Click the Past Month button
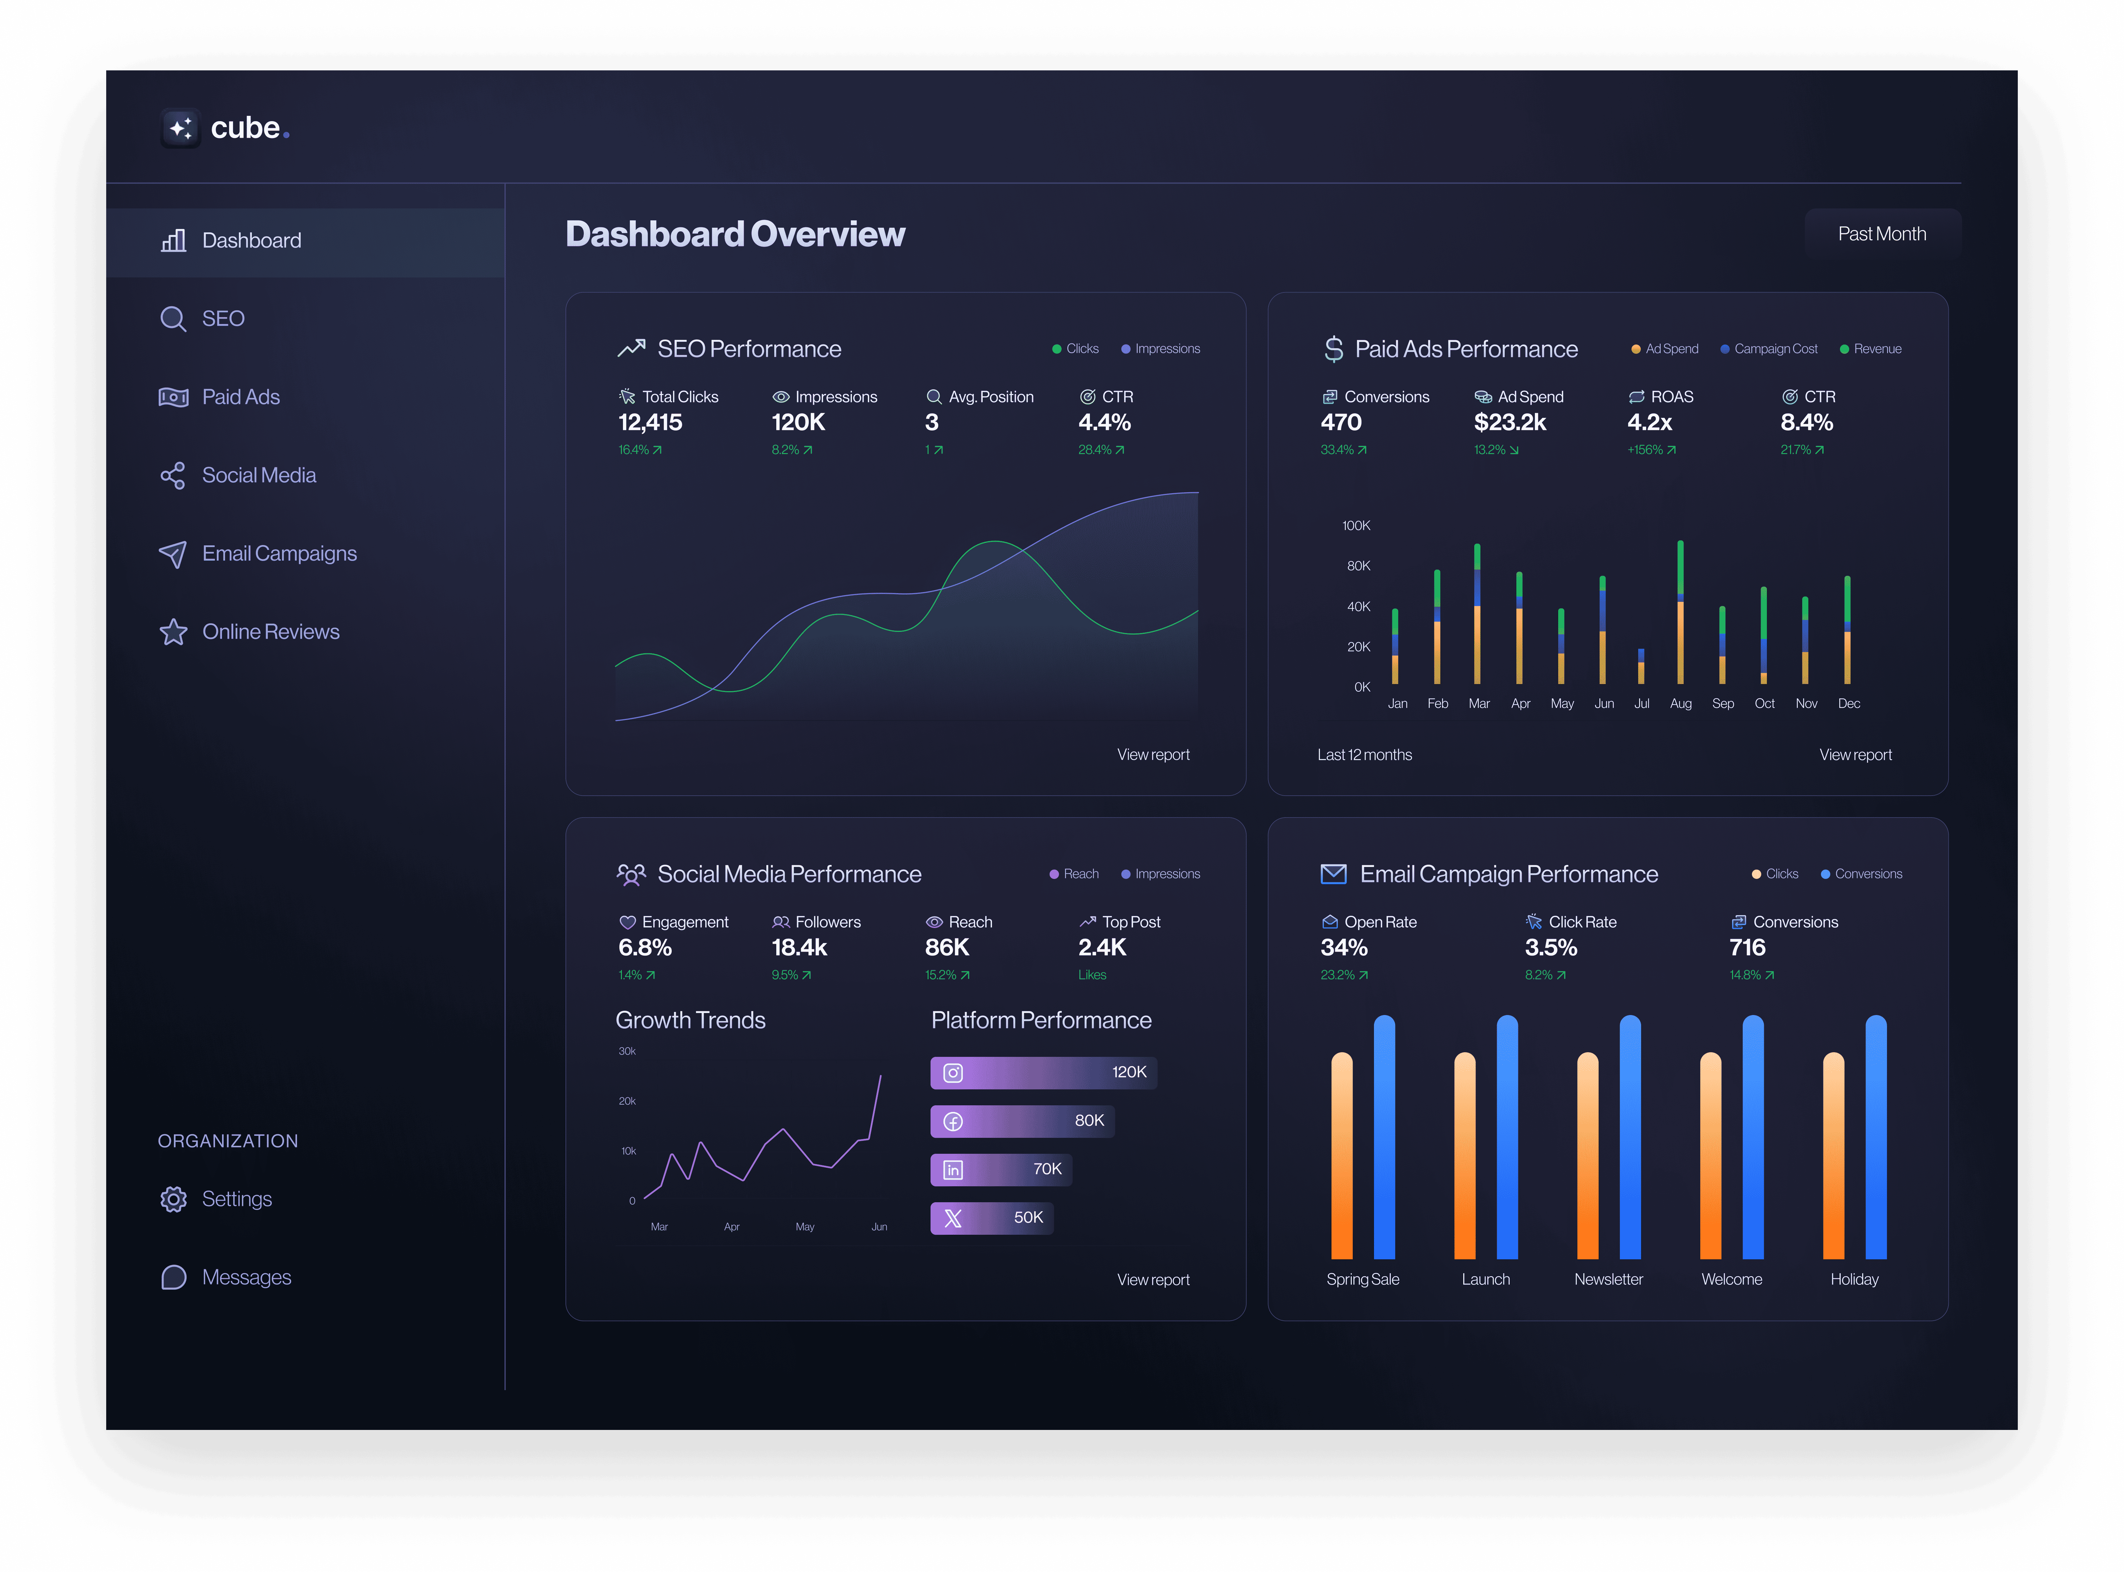pos(1881,234)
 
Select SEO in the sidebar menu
pos(223,319)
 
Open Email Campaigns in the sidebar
pos(279,554)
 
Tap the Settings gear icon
pos(173,1199)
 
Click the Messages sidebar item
pos(245,1277)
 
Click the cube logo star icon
pos(180,127)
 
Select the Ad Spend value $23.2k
pos(1509,423)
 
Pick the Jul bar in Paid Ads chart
pos(1641,666)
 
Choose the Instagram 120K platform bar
pos(1043,1072)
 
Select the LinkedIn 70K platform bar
pos(1001,1169)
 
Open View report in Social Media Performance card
pos(1153,1280)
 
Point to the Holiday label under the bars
pos(1854,1280)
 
